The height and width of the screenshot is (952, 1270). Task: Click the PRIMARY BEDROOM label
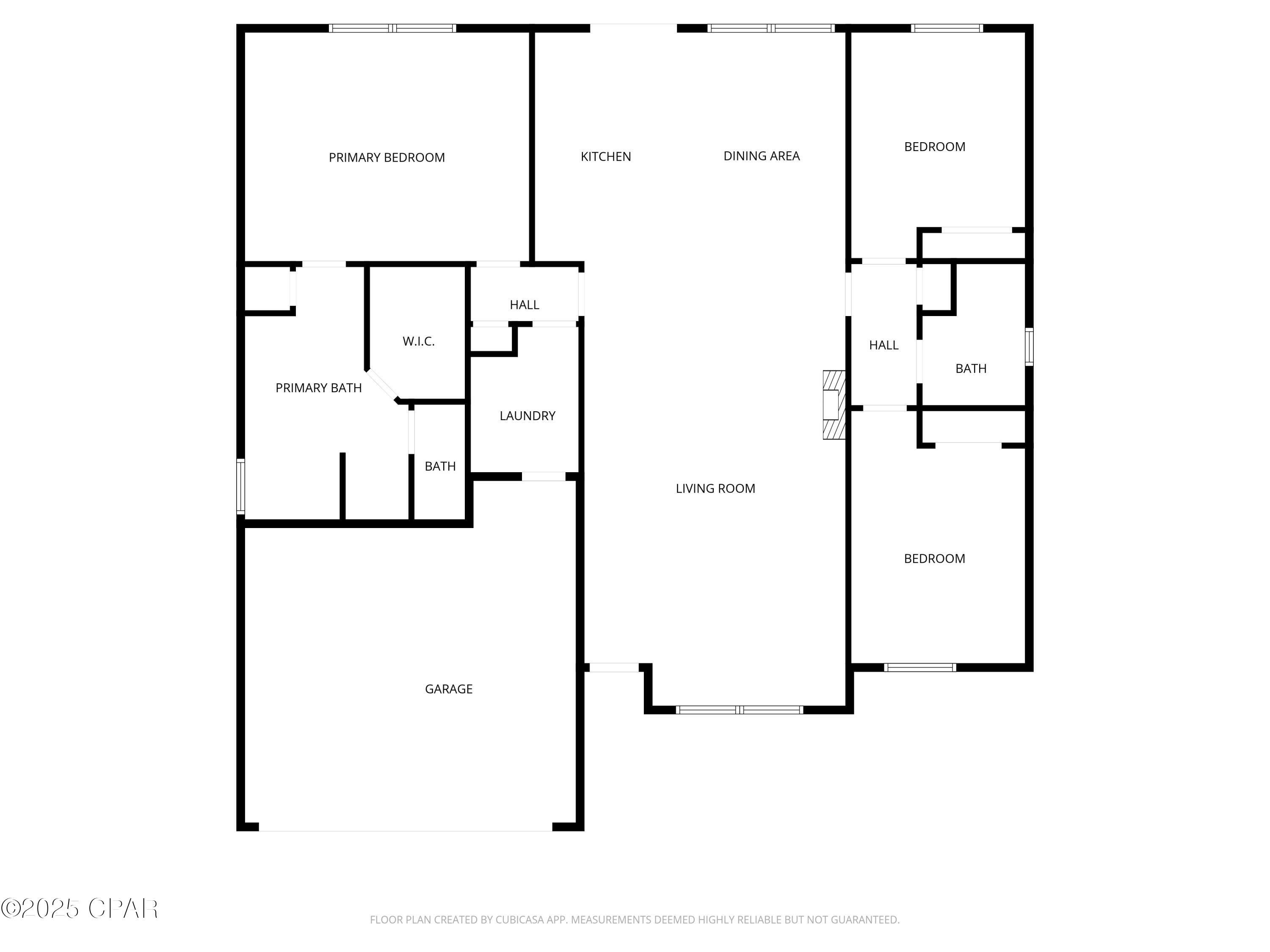click(387, 157)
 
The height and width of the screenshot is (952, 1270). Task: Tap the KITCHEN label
click(606, 156)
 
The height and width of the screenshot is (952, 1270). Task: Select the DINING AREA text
click(761, 156)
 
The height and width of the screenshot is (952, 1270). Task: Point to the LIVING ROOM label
click(715, 488)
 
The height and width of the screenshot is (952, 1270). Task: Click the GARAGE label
click(448, 688)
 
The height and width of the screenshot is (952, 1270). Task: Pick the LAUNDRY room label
click(527, 415)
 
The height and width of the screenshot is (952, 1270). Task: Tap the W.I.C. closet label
click(419, 341)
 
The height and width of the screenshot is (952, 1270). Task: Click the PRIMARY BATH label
click(319, 388)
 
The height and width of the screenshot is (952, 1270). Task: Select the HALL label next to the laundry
click(524, 305)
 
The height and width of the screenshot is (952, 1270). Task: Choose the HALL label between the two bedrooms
click(883, 345)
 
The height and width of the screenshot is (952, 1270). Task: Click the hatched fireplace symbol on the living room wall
click(834, 404)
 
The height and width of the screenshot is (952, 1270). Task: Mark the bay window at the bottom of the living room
click(740, 710)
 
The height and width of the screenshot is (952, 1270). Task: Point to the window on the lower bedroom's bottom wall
click(920, 667)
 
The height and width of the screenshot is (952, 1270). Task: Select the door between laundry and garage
click(543, 476)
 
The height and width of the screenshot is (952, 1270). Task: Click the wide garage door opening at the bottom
click(406, 827)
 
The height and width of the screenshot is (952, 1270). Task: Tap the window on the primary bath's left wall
click(240, 486)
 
